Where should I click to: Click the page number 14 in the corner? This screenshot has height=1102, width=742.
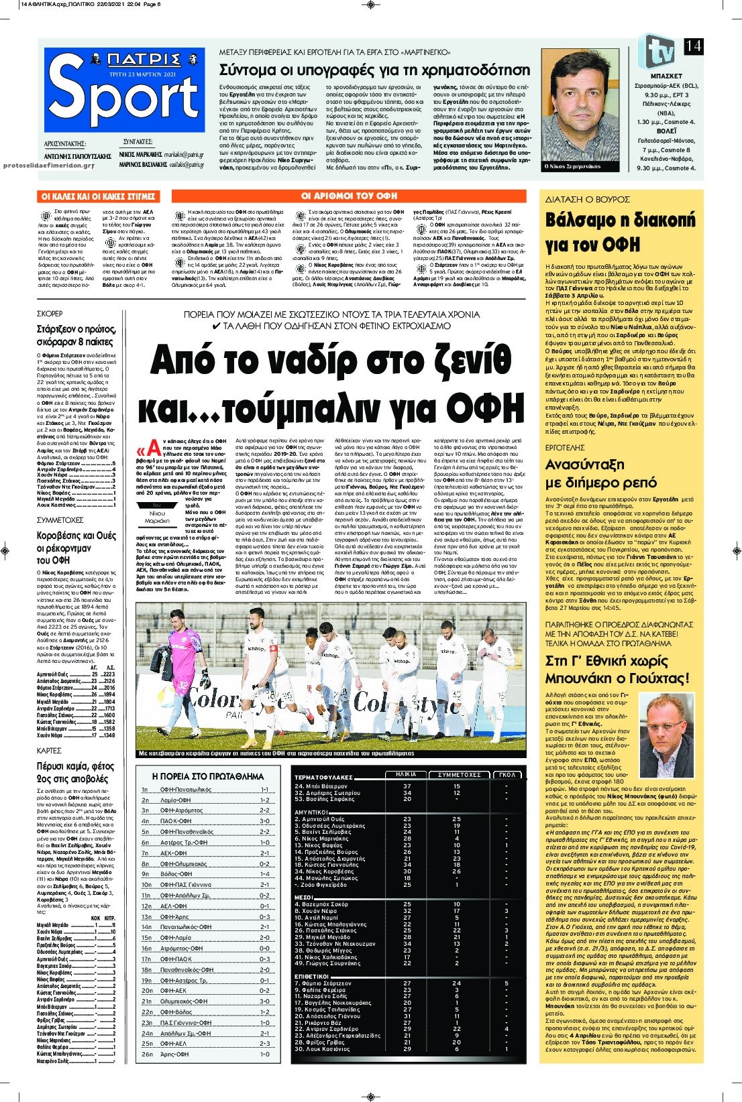[693, 46]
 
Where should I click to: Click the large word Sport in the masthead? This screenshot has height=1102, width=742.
[123, 98]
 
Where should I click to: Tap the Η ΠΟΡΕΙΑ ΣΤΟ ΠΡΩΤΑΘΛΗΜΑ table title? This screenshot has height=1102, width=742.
[208, 776]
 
